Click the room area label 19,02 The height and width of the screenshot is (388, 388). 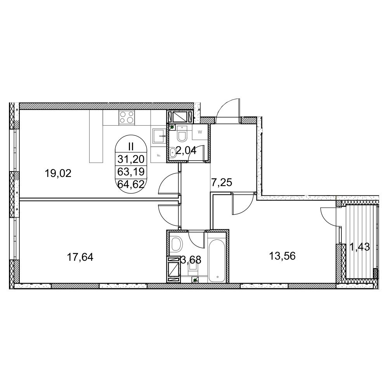click(58, 173)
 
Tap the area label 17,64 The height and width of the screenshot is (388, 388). click(80, 257)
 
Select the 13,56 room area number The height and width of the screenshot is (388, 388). click(282, 256)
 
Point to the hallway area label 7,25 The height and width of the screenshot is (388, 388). click(222, 183)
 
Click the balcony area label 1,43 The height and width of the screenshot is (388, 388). click(360, 247)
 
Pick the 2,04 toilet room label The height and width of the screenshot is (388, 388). click(186, 150)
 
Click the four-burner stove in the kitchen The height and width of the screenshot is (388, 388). click(127, 118)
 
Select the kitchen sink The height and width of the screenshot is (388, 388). click(159, 136)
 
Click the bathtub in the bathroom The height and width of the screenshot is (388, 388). click(217, 261)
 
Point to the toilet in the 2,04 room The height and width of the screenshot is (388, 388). click(182, 134)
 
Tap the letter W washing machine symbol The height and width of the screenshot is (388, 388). click(200, 132)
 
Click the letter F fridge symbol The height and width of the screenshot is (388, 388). click(159, 156)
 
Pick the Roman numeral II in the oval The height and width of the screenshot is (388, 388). click(131, 147)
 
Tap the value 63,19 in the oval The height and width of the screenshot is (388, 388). click(131, 171)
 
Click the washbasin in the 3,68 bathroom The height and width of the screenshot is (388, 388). click(177, 244)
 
